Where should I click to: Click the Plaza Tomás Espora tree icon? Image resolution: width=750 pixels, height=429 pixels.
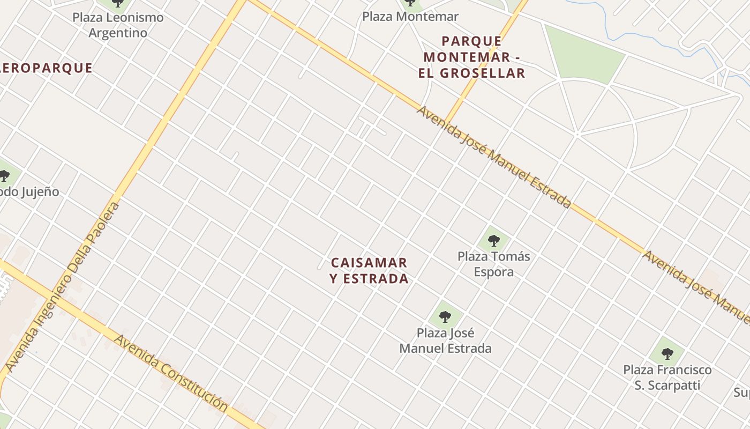coord(493,240)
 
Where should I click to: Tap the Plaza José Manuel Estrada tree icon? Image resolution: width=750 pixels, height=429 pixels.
coord(445,316)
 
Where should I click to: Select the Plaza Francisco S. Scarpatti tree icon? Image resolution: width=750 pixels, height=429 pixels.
coord(667,353)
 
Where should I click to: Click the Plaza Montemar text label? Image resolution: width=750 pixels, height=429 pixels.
coord(410,17)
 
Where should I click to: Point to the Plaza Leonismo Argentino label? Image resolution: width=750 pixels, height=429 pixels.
coord(118,25)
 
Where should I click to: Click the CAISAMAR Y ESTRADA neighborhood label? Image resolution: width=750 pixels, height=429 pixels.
coord(369,271)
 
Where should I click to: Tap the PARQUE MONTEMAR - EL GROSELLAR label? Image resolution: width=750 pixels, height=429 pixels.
coord(472,57)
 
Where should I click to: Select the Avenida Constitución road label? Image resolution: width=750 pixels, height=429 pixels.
coord(171,374)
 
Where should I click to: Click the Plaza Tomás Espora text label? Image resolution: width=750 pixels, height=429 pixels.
coord(493,264)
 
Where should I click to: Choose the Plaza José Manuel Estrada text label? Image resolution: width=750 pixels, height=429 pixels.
coord(445,341)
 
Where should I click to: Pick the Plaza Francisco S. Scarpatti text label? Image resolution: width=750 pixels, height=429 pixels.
coord(667,378)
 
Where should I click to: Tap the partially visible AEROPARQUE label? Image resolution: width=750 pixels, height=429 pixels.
coord(47,68)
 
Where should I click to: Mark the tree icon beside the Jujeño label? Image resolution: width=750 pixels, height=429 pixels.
coord(4,175)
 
